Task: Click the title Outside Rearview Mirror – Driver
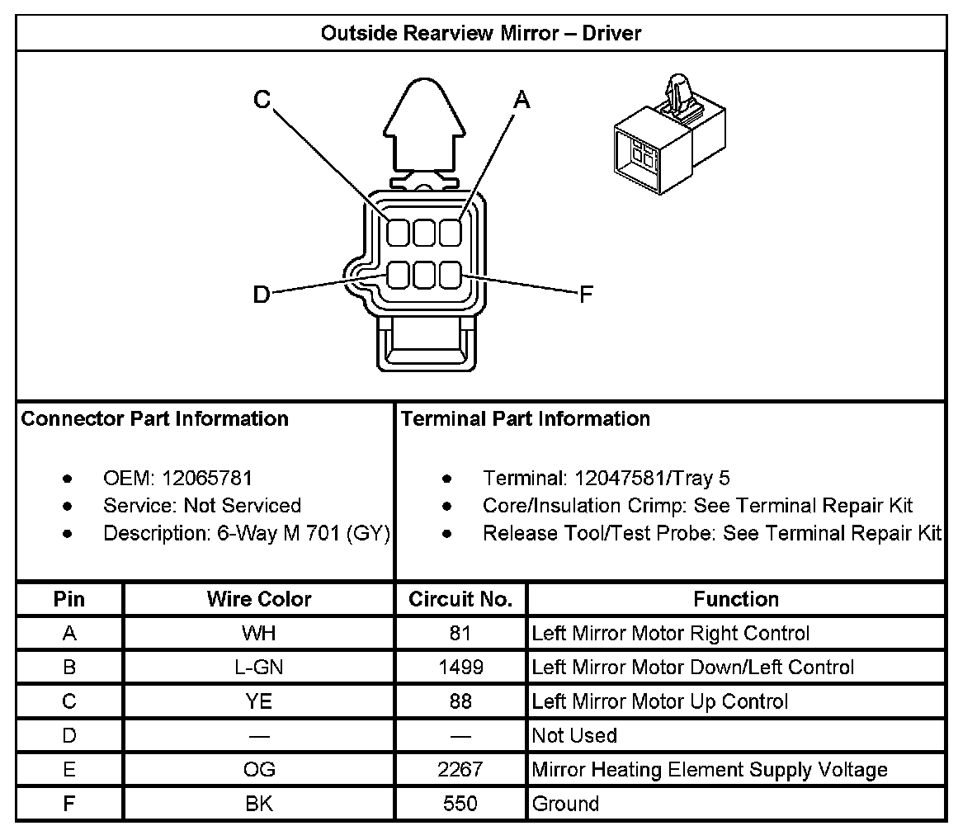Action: (x=480, y=33)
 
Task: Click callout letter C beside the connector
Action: (x=262, y=100)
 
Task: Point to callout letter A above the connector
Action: (x=522, y=101)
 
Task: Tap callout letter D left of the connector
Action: (x=261, y=294)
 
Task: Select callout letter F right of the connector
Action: (x=586, y=295)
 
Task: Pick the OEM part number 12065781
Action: (x=207, y=478)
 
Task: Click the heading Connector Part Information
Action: (x=155, y=419)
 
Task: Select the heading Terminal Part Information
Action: (x=526, y=419)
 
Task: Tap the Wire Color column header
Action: (x=259, y=599)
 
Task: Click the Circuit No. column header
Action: (x=460, y=599)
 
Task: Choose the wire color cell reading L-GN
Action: (x=259, y=668)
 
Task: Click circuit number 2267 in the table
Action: (x=460, y=770)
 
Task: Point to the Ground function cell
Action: (x=566, y=804)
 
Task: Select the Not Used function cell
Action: (x=574, y=735)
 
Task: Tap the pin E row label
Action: (x=69, y=770)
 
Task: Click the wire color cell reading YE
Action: (x=259, y=701)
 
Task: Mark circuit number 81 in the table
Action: (x=460, y=634)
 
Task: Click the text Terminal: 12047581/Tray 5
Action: (x=606, y=478)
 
